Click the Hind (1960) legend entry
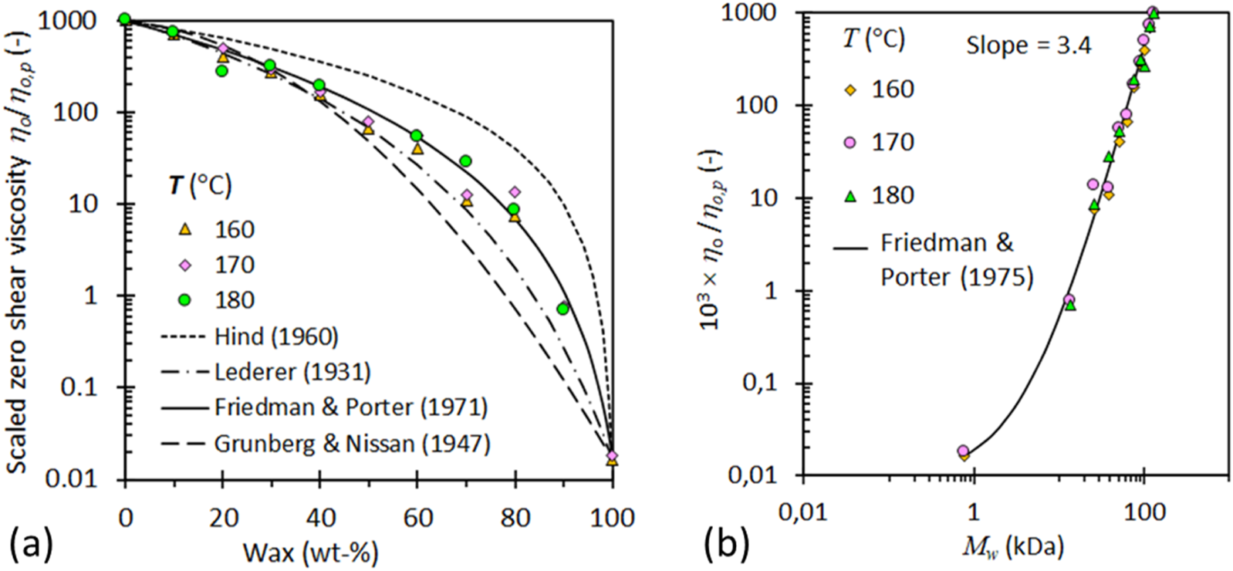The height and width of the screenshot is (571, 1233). point(276,337)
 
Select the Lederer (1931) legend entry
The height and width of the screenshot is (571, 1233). point(292,372)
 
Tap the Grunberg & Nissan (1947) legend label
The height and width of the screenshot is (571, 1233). point(352,444)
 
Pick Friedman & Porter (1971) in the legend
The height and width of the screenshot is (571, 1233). point(350,407)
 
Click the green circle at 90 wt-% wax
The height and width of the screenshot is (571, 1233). point(562,309)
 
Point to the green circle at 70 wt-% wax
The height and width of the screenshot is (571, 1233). point(465,161)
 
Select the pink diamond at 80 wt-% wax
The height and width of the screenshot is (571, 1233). point(515,192)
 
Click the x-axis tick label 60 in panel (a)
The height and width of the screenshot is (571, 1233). point(417,517)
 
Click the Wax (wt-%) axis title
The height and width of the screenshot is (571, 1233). point(310,552)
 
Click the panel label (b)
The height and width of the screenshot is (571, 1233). point(726,545)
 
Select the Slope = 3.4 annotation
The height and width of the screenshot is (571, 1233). point(1029,46)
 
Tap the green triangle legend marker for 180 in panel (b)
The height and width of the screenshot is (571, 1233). point(850,195)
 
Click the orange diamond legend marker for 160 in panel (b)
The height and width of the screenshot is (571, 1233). point(850,90)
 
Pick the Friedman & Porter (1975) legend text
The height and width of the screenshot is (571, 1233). point(956,260)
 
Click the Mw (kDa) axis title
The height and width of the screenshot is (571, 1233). point(1012,546)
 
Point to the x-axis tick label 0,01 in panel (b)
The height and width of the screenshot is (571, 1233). point(803,512)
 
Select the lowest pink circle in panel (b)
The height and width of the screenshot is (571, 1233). point(963,451)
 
